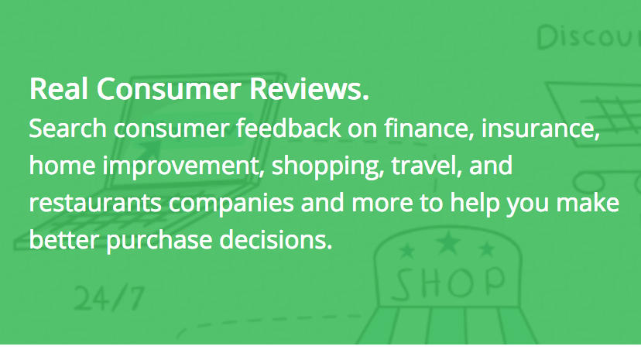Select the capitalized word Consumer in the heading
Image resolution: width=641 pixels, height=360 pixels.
tap(169, 89)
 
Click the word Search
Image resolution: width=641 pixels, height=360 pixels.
tap(68, 129)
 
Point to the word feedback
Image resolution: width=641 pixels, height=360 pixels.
tap(289, 129)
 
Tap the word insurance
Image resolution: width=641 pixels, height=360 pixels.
tap(540, 129)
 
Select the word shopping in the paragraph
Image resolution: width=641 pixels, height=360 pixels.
tap(328, 166)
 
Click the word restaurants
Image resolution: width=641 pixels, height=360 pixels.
tap(95, 203)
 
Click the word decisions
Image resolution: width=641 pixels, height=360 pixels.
tap(276, 239)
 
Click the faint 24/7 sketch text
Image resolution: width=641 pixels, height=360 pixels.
tap(110, 298)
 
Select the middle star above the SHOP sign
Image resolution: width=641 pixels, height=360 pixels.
tap(448, 242)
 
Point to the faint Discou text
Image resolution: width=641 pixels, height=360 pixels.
tap(588, 38)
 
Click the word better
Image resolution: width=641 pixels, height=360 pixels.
tap(63, 240)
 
